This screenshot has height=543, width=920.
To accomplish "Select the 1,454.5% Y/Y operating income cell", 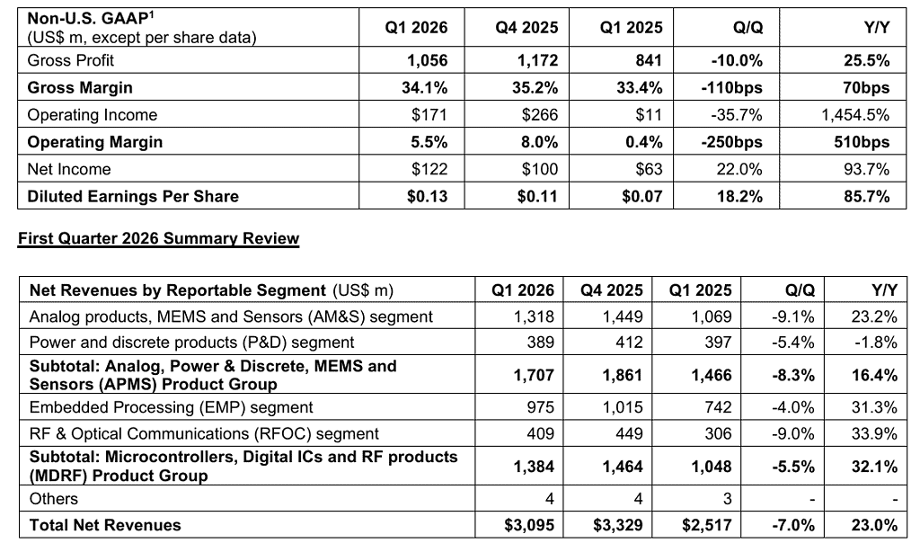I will [x=854, y=115].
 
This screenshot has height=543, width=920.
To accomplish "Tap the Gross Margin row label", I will [x=80, y=88].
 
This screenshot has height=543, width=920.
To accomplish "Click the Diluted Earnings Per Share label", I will [x=133, y=196].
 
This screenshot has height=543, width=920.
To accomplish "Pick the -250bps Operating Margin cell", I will [x=734, y=142].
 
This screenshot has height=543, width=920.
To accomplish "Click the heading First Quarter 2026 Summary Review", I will [x=158, y=239].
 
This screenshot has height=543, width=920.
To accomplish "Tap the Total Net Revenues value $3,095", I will [x=529, y=525].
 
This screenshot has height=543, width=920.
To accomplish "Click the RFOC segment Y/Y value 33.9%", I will [x=875, y=433].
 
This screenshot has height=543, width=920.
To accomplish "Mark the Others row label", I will [x=54, y=499].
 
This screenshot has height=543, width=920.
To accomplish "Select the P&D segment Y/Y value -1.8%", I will [x=877, y=343].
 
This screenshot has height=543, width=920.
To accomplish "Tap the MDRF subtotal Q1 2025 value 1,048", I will [x=710, y=466].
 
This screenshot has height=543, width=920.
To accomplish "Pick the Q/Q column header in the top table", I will [x=747, y=28].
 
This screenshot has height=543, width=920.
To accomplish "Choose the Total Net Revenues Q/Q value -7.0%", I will [x=793, y=525].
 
